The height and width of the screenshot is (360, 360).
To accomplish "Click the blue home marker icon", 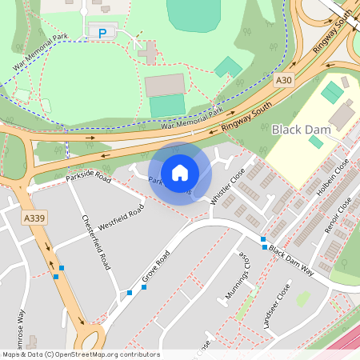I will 180,172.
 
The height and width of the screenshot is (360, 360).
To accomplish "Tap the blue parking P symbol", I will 102,32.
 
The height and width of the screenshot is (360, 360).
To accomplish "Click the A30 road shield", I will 283,81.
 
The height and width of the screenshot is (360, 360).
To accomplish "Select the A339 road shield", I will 33,218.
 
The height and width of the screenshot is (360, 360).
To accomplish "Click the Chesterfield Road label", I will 94,241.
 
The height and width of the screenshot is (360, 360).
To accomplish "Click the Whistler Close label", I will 227,190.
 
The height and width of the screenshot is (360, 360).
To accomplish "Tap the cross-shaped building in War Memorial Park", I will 146,53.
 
